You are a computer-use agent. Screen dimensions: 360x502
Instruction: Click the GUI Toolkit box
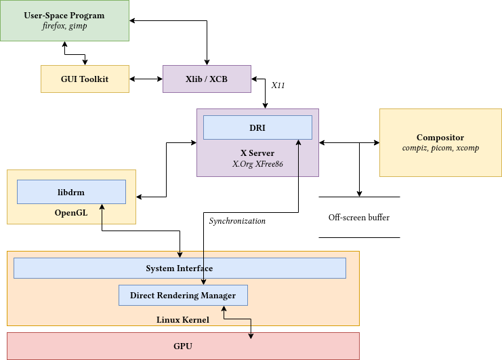tap(85, 79)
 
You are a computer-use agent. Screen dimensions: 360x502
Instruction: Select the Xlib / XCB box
tap(207, 79)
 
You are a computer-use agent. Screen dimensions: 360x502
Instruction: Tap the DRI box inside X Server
tap(257, 127)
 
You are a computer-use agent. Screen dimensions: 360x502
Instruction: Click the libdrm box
tap(71, 192)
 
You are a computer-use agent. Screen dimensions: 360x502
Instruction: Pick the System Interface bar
tap(180, 268)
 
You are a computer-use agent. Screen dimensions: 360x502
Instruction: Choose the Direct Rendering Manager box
tap(183, 296)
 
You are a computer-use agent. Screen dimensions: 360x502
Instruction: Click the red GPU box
tap(183, 346)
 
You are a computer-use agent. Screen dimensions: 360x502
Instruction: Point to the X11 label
tap(278, 86)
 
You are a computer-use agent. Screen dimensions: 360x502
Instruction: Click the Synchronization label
tap(237, 221)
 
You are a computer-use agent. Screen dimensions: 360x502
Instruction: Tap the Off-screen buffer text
tap(359, 218)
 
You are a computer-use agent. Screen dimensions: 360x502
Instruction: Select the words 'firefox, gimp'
tap(64, 26)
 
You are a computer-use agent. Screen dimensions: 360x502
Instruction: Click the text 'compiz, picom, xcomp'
tap(440, 148)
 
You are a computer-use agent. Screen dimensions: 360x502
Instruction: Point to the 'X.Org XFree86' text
tap(257, 163)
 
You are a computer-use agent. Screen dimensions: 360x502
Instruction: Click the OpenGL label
tap(71, 213)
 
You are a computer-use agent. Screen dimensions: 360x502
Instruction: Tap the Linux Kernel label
tap(183, 319)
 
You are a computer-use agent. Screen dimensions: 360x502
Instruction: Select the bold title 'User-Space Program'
tap(64, 16)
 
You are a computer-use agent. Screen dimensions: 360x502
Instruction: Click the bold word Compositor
tap(440, 138)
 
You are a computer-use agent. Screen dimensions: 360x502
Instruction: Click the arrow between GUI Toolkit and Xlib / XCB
tap(146, 79)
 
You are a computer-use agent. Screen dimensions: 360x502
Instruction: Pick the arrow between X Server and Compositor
tap(349, 142)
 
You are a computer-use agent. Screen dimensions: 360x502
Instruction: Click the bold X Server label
tap(257, 153)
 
